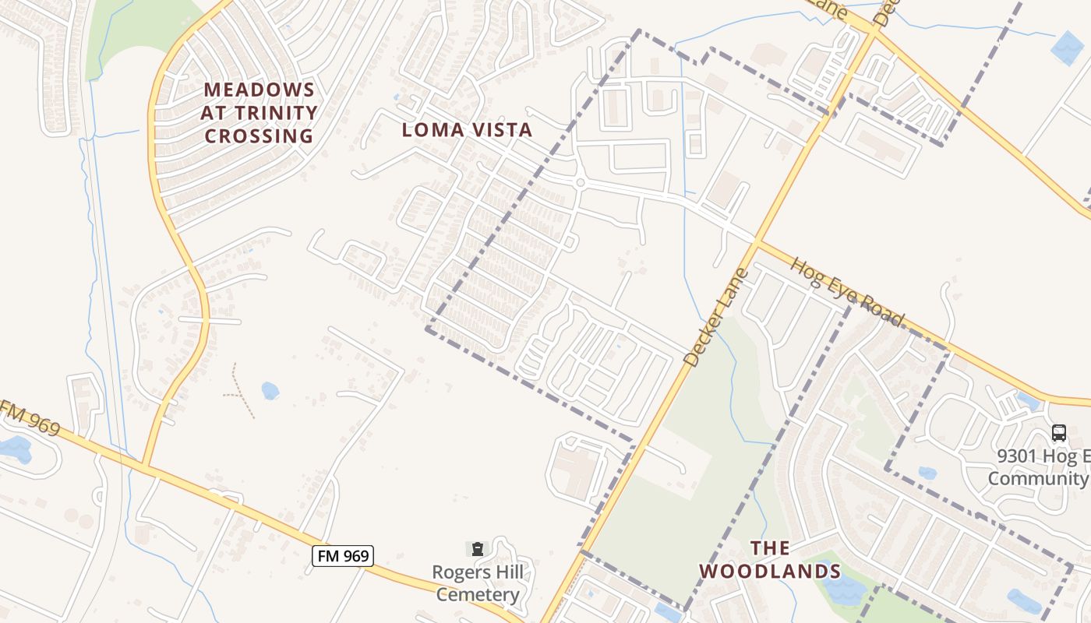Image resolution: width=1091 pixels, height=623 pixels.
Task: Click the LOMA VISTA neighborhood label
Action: (x=467, y=130)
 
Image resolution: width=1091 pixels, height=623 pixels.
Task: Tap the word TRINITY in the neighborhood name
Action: (x=259, y=114)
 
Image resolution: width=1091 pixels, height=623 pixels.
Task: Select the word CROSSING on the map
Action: (x=259, y=136)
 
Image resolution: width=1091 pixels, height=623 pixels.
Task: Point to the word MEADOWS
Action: (x=259, y=90)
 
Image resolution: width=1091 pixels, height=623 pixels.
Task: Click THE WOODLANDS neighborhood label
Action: (x=770, y=560)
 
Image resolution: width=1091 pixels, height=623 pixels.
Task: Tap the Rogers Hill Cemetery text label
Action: (x=478, y=584)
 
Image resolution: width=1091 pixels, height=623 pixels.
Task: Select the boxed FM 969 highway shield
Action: (x=343, y=556)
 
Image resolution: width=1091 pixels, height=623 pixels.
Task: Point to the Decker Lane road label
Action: (x=715, y=318)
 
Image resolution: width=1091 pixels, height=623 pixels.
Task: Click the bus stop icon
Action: (x=1058, y=433)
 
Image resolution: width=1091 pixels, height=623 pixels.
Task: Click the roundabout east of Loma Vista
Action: (x=580, y=183)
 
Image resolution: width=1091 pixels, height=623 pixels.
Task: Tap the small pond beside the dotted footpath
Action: (x=270, y=390)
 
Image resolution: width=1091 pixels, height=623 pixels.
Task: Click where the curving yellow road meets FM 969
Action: (x=144, y=467)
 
